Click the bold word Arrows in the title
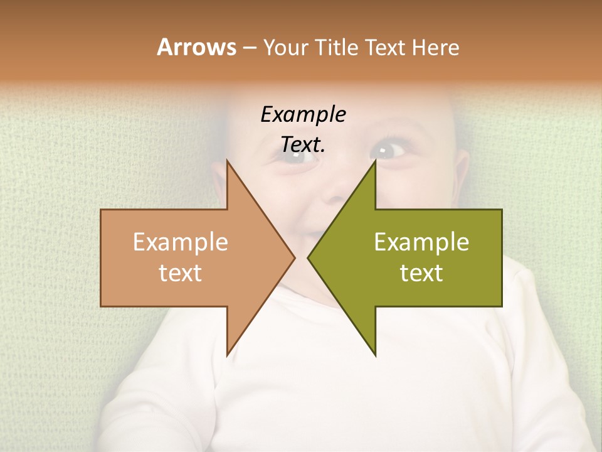click(196, 47)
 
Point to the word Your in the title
click(286, 47)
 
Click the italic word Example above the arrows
click(303, 114)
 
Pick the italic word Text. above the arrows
click(303, 145)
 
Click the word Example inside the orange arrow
click(180, 242)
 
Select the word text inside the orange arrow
click(180, 272)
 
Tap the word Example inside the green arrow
click(421, 242)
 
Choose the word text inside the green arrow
click(421, 272)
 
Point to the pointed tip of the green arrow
click(309, 257)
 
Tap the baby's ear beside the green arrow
click(461, 173)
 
